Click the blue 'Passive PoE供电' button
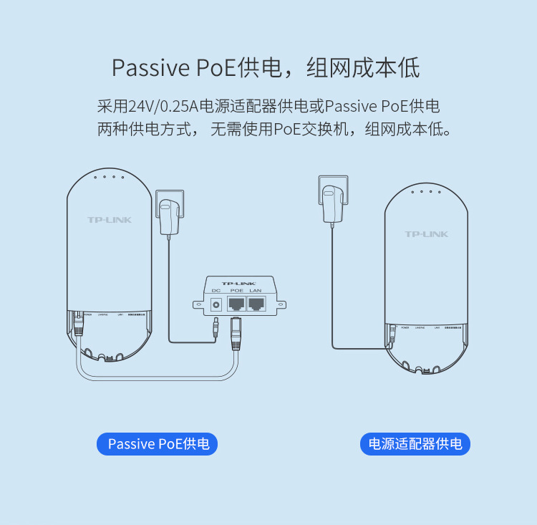tap(157, 444)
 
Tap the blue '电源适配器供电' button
tap(415, 444)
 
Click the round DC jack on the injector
tap(215, 304)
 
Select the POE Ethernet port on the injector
tap(236, 304)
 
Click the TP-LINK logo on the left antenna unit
tap(109, 220)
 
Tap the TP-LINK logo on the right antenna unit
tap(426, 234)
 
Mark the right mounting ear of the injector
tap(280, 304)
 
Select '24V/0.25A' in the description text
tap(163, 107)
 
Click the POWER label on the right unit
tap(406, 327)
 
